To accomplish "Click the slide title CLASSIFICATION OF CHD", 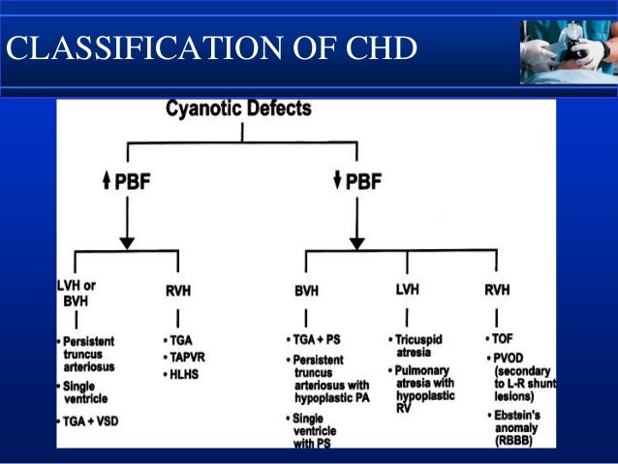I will click(211, 47).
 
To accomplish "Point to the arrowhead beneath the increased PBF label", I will click(126, 241).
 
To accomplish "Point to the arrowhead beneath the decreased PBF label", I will click(357, 241).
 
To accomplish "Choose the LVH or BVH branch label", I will click(77, 294).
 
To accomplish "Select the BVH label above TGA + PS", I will click(308, 289).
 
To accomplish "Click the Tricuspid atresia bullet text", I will click(421, 347).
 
